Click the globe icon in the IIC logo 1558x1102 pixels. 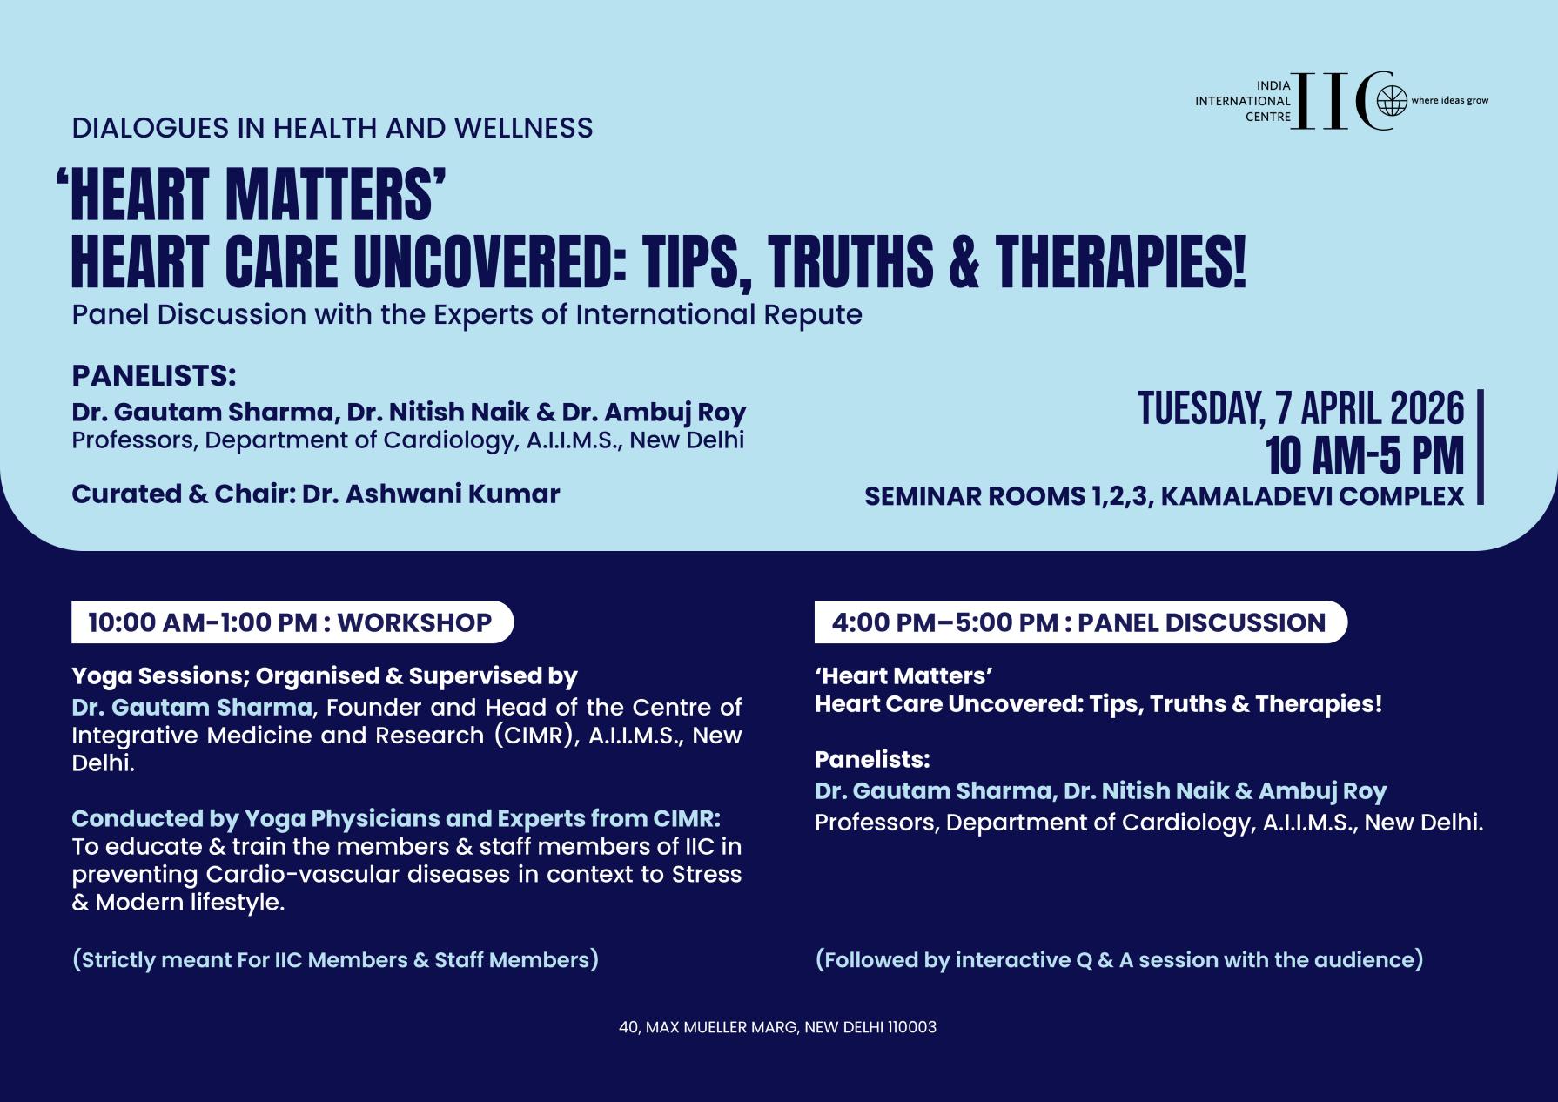(1392, 102)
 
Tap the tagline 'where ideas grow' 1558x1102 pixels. (1449, 101)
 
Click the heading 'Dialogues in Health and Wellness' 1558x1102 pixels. (332, 128)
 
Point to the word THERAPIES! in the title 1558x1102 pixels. (1122, 261)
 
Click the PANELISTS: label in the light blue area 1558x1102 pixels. (154, 376)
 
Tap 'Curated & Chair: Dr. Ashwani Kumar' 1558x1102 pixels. (315, 494)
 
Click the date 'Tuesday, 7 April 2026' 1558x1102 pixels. (1301, 408)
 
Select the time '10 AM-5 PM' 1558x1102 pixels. (1365, 455)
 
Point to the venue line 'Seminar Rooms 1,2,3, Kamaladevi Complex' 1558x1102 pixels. (1165, 496)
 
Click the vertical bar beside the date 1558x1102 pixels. (1481, 447)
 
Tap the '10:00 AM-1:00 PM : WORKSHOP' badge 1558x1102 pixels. (292, 622)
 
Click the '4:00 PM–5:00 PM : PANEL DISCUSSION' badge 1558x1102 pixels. (1080, 622)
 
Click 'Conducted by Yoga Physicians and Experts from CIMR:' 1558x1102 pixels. (396, 818)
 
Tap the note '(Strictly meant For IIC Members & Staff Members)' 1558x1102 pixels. (335, 959)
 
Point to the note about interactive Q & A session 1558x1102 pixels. (1119, 959)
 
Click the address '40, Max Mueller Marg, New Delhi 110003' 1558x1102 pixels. (777, 1027)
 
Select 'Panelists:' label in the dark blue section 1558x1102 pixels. (872, 759)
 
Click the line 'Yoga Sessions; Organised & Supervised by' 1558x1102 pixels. (325, 676)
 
